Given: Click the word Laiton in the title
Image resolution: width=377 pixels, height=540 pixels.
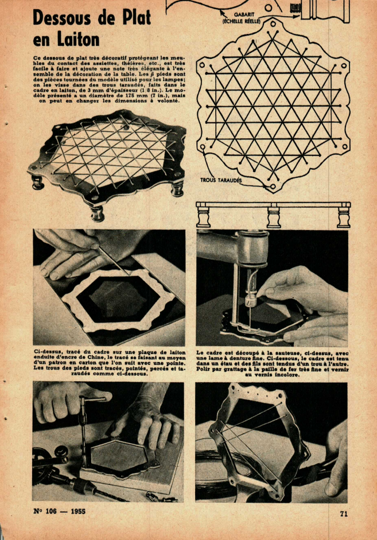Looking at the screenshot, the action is [78, 40].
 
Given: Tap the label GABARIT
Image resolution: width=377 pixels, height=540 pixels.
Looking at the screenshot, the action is [244, 15].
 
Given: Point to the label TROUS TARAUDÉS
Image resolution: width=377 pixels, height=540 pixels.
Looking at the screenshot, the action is [221, 180].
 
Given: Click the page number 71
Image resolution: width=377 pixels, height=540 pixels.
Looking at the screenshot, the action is [344, 514].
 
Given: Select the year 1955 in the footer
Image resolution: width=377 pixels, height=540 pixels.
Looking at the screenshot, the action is [78, 511].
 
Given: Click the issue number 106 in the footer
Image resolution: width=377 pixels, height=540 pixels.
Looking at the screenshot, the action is [50, 511].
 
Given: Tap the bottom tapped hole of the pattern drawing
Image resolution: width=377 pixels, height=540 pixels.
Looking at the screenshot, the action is [273, 187].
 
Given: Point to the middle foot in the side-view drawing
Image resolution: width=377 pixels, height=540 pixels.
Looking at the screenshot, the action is [274, 217].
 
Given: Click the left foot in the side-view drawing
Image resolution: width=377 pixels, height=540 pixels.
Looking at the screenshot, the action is [204, 217].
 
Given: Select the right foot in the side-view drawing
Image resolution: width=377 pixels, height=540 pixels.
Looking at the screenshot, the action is [344, 217].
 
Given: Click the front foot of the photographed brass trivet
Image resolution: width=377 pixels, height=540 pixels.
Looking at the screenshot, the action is [98, 213].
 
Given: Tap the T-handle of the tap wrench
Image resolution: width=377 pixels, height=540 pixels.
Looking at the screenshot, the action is [92, 399].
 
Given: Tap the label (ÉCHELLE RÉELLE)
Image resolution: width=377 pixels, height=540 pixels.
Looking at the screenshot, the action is [242, 21].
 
